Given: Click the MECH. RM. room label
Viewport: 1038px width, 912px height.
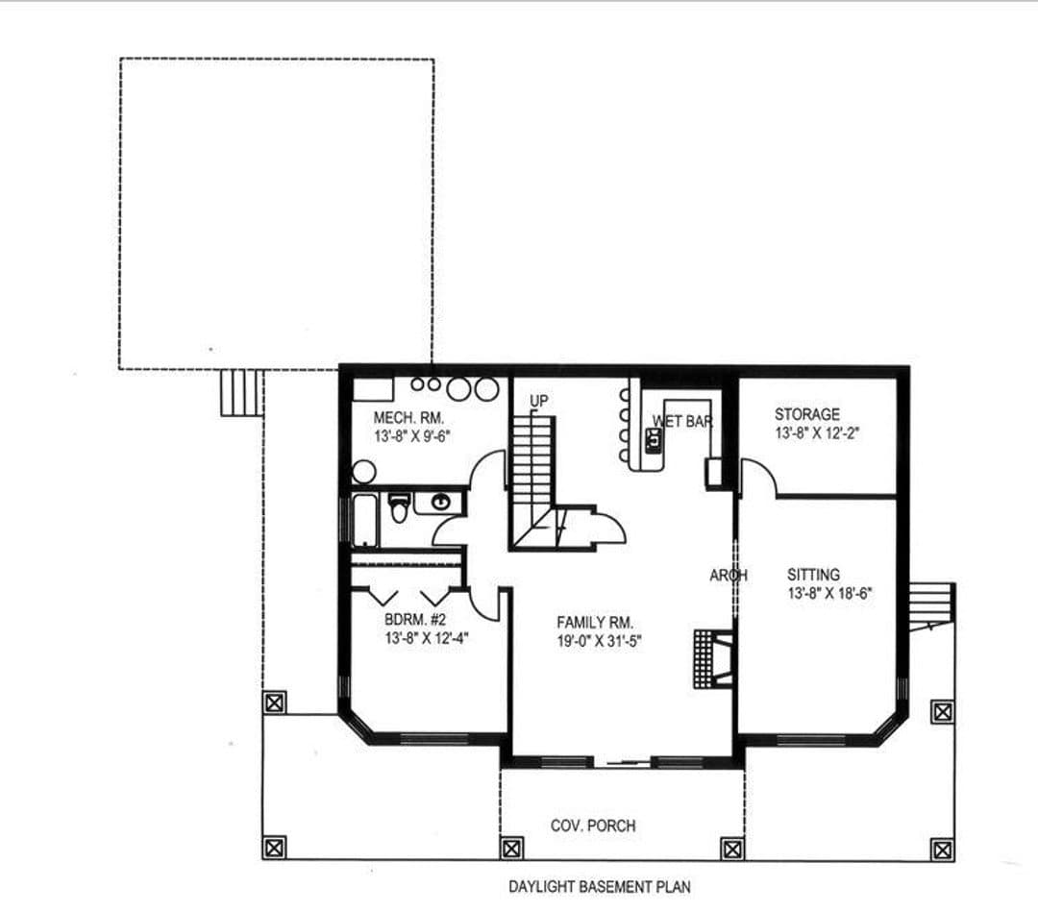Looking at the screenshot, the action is click(x=408, y=418).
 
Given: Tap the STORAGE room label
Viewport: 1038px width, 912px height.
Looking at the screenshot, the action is click(x=807, y=414).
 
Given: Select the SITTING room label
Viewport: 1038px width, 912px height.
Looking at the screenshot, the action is click(x=814, y=575).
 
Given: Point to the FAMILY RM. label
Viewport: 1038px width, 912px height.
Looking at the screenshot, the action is click(x=595, y=623).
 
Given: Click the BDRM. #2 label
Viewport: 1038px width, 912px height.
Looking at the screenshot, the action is click(x=415, y=620).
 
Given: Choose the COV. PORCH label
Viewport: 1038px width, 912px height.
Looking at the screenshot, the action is click(x=593, y=826).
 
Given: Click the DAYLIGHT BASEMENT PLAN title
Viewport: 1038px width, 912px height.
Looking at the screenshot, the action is click(x=599, y=887).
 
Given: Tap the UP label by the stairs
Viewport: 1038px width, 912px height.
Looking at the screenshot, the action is click(x=539, y=401).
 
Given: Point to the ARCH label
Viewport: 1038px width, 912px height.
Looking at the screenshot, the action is click(x=729, y=576).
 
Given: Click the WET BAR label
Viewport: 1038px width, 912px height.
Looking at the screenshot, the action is click(x=682, y=421).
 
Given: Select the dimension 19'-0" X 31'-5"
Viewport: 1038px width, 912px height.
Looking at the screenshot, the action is click(x=599, y=641).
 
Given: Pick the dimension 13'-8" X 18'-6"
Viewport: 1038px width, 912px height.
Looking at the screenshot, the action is click(x=829, y=593).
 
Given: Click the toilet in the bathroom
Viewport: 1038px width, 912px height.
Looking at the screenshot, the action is click(x=399, y=507).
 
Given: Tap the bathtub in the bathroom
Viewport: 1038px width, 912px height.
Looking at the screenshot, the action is click(x=365, y=521).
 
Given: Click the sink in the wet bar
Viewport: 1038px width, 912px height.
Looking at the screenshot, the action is click(x=654, y=440).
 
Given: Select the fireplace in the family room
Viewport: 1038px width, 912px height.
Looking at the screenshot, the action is click(x=713, y=658).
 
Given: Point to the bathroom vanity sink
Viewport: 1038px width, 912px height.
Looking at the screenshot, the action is click(x=440, y=503).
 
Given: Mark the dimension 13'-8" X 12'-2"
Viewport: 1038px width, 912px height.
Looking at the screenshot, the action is click(x=818, y=433).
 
